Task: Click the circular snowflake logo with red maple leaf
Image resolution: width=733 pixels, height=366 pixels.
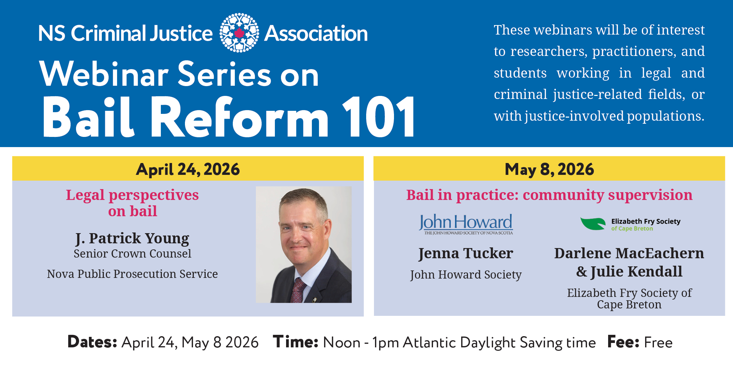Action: pos(239,33)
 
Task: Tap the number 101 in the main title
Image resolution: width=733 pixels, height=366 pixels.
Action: pos(379,117)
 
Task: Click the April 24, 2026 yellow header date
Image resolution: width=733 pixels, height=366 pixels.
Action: pos(188,169)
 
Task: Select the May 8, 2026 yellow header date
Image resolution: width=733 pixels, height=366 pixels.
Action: pos(549,169)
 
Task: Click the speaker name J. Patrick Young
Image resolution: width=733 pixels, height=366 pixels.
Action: pos(132,238)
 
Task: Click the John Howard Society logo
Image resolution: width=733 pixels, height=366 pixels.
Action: pos(466,224)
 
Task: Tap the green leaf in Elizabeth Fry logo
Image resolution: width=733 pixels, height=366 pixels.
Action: pos(593,224)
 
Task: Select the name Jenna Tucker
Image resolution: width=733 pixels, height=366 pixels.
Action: pos(466,253)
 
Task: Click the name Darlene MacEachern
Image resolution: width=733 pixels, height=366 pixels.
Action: pos(629,253)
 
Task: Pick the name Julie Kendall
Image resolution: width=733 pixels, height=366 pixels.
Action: pos(636,271)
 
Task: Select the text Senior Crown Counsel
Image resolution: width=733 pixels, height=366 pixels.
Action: pos(132,253)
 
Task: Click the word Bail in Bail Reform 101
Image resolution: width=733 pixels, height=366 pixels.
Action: pos(88,117)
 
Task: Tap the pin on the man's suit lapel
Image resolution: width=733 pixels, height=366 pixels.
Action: pos(315,299)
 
